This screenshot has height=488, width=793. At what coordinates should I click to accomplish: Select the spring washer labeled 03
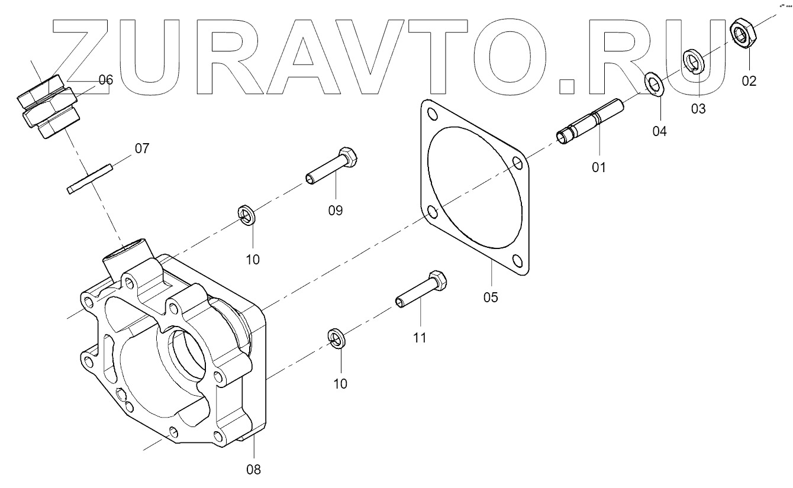(x=693, y=61)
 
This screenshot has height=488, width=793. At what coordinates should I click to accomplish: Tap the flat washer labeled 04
(x=656, y=84)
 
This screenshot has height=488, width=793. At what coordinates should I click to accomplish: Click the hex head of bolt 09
(x=350, y=159)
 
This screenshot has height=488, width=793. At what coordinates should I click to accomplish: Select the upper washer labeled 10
(x=246, y=215)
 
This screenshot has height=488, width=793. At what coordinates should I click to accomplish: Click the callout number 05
(x=491, y=297)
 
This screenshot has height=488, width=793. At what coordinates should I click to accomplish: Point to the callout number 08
(x=253, y=470)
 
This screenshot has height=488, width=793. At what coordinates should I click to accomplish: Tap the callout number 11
(x=419, y=338)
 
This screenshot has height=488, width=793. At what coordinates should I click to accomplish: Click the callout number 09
(x=335, y=211)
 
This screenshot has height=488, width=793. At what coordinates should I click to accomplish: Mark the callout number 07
(x=141, y=148)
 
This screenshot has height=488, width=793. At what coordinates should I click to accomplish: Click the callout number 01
(x=599, y=168)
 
